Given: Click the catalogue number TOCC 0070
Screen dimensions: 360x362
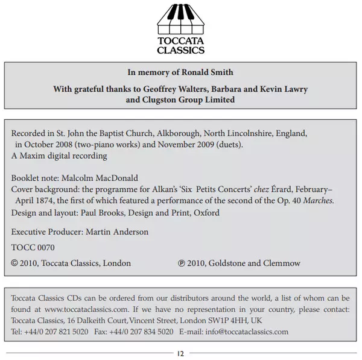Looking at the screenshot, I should pos(33,247).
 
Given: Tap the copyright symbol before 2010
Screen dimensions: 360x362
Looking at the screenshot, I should pos(15,263).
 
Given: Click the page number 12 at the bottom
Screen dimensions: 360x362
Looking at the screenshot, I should pos(180,353).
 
